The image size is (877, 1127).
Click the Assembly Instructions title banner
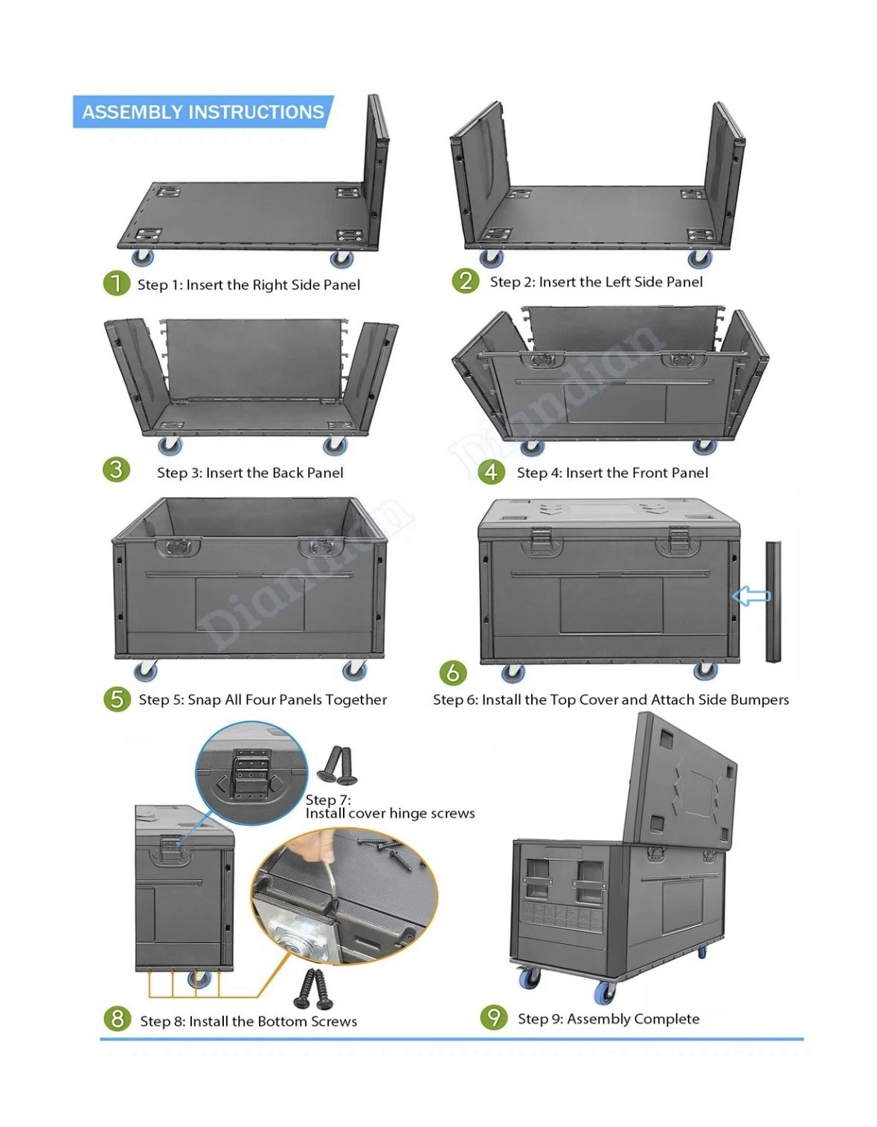pos(202,112)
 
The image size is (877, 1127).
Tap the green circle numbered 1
pos(116,283)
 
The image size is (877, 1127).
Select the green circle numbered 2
pos(466,280)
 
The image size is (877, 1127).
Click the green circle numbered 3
pos(116,469)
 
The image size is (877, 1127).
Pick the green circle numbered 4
pos(491,472)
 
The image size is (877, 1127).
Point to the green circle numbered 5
pos(117,699)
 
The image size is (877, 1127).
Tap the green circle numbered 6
pos(453,672)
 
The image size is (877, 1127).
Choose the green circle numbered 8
pos(117,1018)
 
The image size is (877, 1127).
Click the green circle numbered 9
pos(494,1017)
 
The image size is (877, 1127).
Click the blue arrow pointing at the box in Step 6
pos(751,596)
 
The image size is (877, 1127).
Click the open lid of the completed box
pos(682,781)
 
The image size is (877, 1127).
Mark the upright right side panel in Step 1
pos(375,167)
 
